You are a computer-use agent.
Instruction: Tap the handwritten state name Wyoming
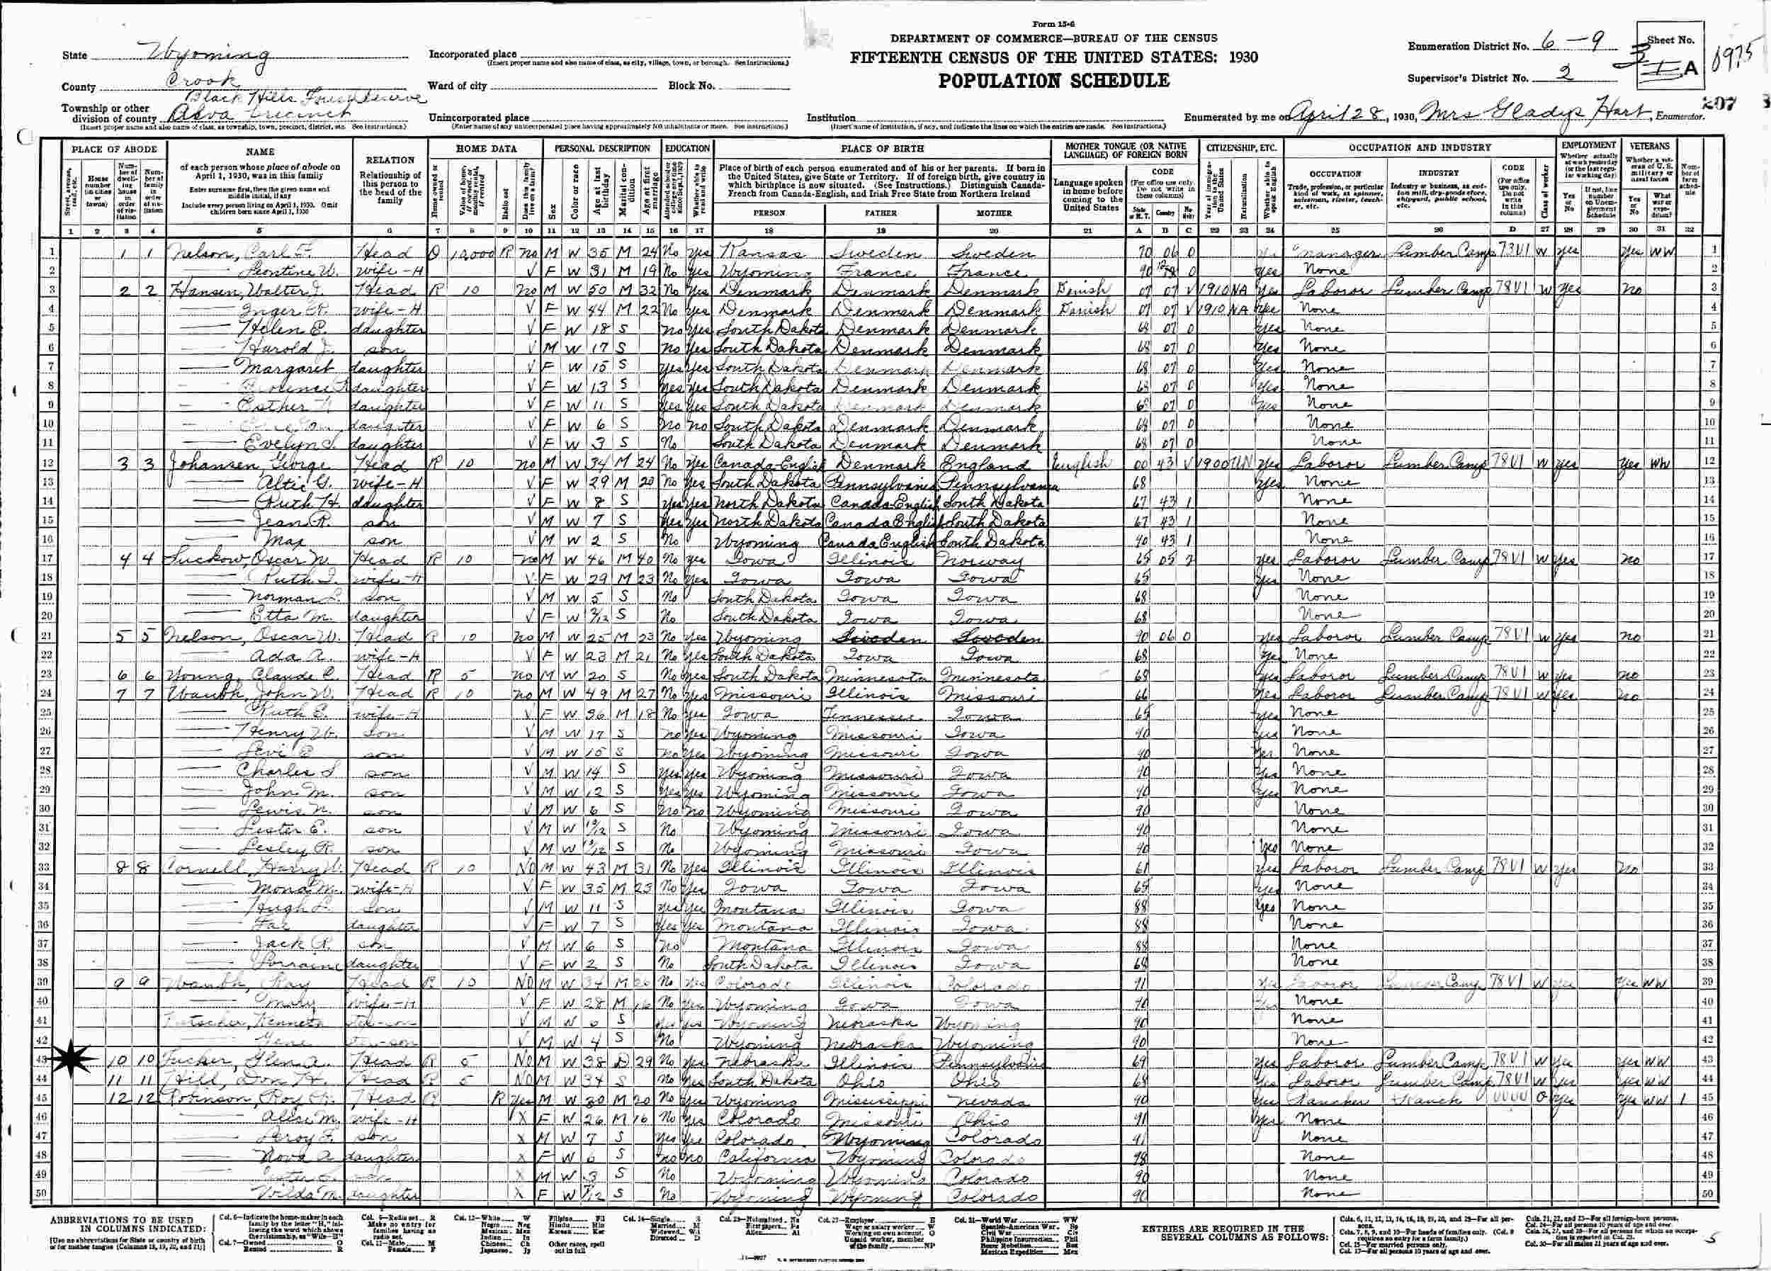pos(209,55)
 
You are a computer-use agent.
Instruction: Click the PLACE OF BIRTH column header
pos(881,147)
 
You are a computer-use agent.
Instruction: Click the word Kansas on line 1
pos(748,253)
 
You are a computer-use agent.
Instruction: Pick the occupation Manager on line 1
pos(1328,253)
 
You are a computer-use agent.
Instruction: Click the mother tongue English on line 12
pos(1079,463)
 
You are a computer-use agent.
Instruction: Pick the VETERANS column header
pos(1649,145)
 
